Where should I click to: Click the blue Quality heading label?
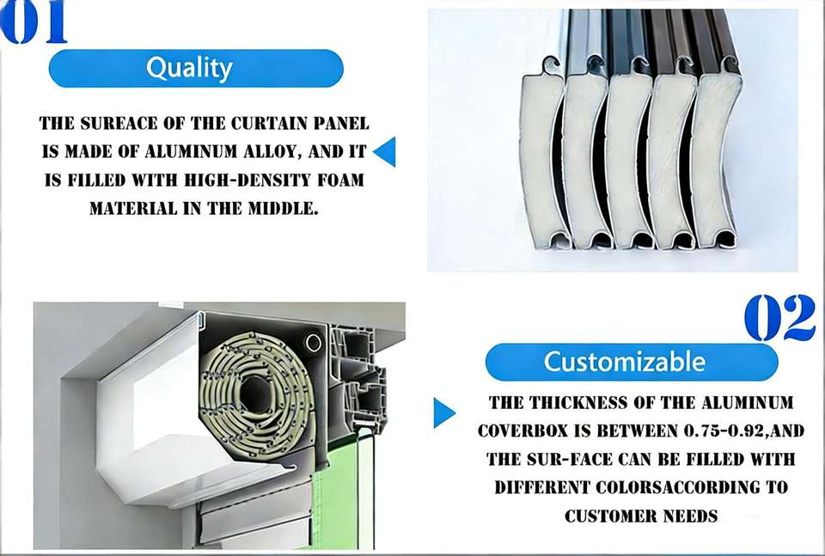(196, 69)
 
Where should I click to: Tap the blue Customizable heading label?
(632, 362)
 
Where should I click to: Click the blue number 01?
(33, 21)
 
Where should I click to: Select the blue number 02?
(779, 317)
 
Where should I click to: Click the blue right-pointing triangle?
(443, 412)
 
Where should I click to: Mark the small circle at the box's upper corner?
(314, 343)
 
